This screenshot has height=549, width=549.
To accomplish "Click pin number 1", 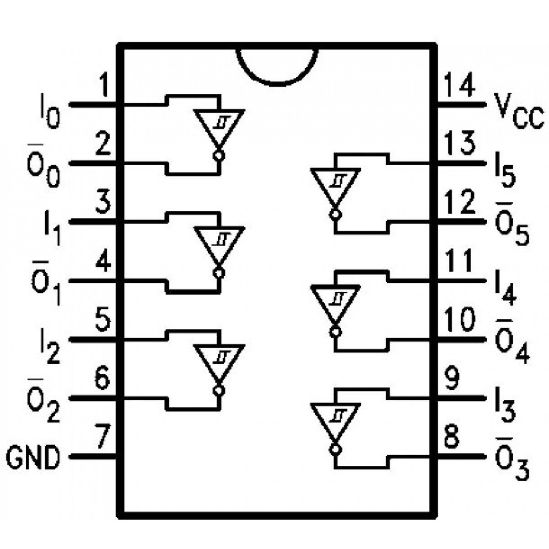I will (104, 87).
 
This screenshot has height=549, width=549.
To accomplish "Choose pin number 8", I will (453, 438).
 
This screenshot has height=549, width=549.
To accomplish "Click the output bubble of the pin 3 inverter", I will (219, 273).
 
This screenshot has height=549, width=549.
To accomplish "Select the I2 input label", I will (50, 346).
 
